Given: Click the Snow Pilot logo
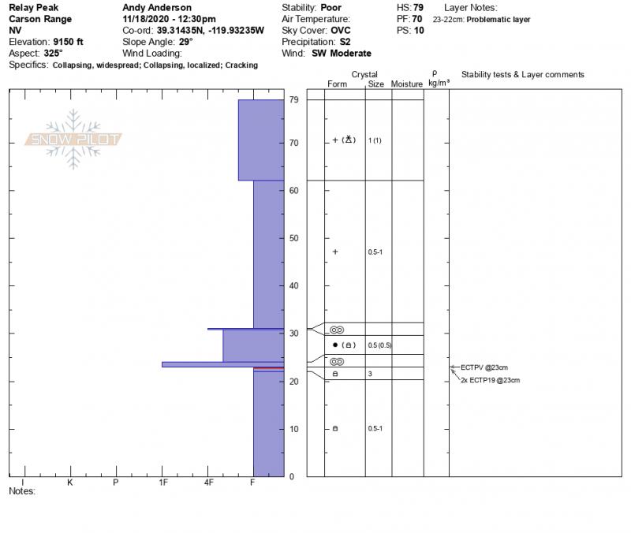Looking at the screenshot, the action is tap(73, 140).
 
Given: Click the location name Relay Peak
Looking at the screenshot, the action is tap(33, 8).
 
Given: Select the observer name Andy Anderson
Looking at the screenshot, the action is tap(157, 8).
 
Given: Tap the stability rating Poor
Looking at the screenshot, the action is tap(330, 8).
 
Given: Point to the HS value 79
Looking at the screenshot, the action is tap(418, 8).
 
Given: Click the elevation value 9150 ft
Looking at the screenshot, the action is tap(68, 42).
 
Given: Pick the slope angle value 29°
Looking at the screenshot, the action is tap(186, 42).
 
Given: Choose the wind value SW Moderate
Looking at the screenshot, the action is tap(342, 53).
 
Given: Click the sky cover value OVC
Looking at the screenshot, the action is tap(341, 31).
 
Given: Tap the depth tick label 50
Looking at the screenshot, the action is tap(293, 238).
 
